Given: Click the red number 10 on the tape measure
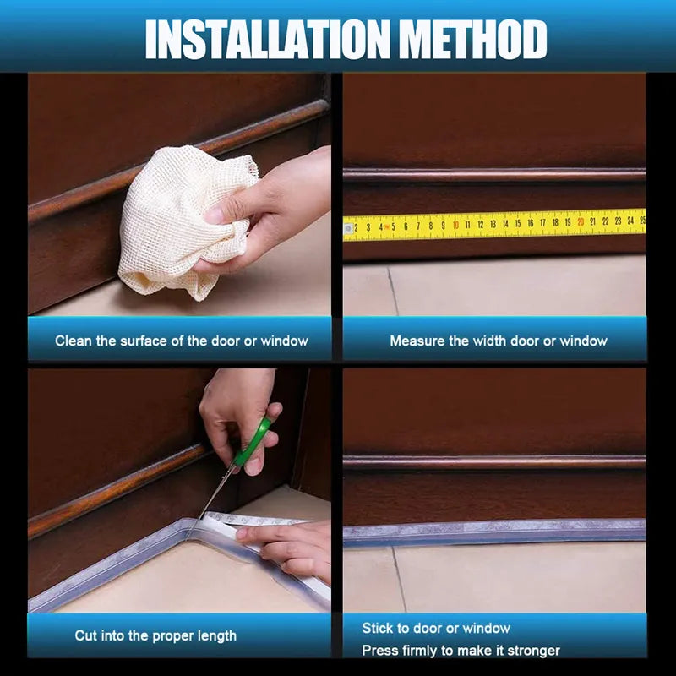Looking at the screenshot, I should point(455,225).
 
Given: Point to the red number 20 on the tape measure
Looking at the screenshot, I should point(580,222).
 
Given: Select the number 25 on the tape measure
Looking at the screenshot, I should point(641,220).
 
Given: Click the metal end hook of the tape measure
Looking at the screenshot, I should point(348,228).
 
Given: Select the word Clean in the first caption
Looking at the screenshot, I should point(73,341).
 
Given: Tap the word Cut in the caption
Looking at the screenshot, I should point(86,635).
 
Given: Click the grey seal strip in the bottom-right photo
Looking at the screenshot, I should point(494,532).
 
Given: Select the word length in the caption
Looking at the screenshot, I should point(216,635).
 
